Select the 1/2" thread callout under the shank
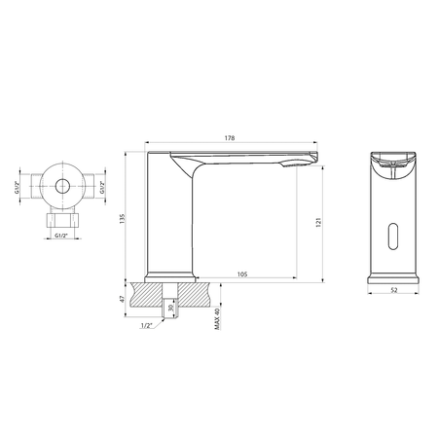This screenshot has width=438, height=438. tap(145, 326)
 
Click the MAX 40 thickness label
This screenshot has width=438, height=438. tap(215, 313)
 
